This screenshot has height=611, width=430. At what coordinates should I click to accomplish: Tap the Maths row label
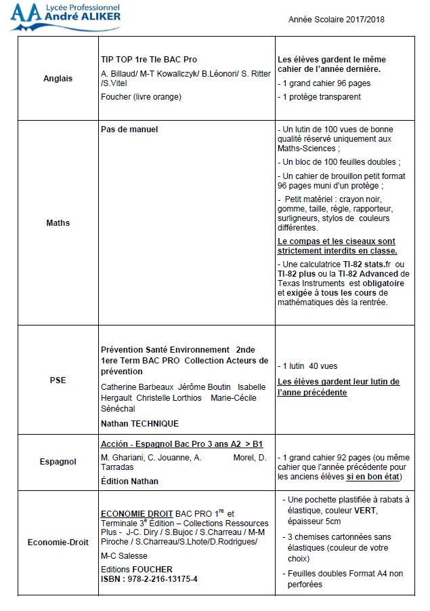[x=58, y=222]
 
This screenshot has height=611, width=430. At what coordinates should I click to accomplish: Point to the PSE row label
[x=58, y=380]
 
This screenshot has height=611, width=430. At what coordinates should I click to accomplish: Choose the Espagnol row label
[x=58, y=462]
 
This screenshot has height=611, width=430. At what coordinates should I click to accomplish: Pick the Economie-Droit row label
[x=58, y=542]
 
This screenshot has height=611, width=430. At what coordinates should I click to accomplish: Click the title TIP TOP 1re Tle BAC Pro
[x=148, y=60]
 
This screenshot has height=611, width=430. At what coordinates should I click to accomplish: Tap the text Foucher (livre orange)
[x=141, y=96]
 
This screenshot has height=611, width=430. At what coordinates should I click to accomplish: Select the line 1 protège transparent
[x=320, y=97]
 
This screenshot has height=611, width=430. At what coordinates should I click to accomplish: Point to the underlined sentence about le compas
[x=337, y=246]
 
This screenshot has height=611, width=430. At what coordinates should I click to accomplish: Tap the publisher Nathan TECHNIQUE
[x=139, y=423]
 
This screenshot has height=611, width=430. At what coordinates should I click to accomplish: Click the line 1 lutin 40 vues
[x=309, y=366]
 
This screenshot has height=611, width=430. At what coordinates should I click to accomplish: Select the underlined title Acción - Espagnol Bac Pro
[x=181, y=444]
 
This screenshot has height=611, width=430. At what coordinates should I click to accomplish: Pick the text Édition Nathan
[x=129, y=481]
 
